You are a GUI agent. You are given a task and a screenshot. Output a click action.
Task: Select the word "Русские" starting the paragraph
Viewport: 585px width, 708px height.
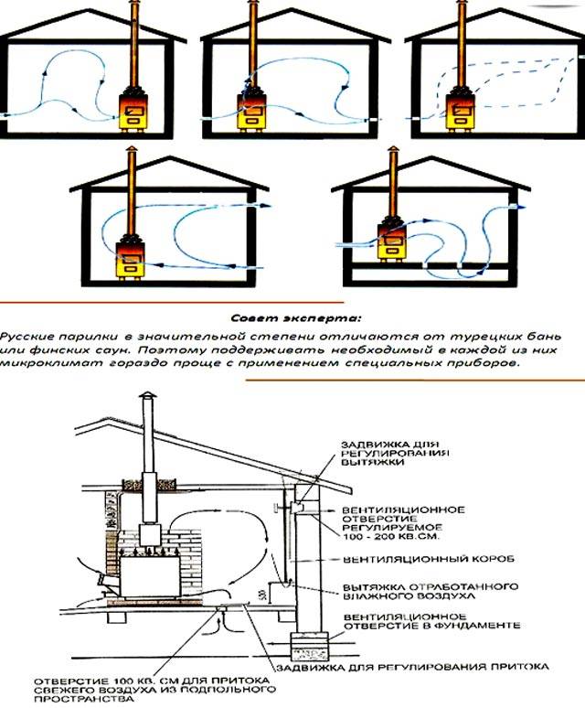coord(29,336)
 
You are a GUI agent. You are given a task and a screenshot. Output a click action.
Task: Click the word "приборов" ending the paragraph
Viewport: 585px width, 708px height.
coord(488,363)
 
